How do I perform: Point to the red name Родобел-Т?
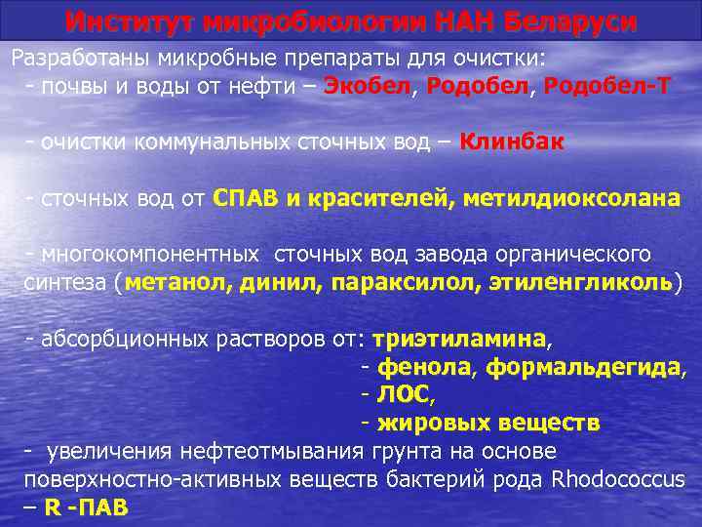(x=606, y=86)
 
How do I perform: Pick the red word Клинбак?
(x=511, y=142)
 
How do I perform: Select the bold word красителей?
(x=376, y=199)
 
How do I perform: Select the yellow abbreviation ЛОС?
(x=401, y=395)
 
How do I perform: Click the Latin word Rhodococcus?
(x=617, y=479)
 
